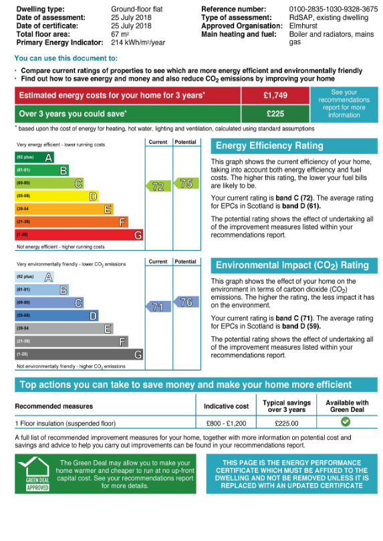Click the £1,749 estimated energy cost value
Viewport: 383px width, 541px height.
[275, 95]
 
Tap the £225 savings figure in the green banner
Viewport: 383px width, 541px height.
[275, 114]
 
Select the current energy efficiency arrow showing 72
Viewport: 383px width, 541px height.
[158, 187]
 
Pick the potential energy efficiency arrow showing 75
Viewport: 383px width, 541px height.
[186, 183]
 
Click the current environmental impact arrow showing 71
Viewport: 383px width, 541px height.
[158, 306]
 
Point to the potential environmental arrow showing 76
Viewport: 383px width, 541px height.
[186, 302]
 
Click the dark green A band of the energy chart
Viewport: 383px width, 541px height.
[34, 157]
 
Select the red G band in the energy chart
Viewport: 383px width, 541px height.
[79, 235]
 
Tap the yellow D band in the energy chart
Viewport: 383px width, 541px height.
[57, 196]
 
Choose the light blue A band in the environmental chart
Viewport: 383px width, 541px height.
[34, 277]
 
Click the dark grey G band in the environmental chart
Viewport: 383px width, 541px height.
[79, 354]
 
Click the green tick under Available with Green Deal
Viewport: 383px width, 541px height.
[346, 421]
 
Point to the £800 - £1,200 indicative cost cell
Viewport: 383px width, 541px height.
[226, 423]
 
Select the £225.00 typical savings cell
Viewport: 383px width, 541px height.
[287, 423]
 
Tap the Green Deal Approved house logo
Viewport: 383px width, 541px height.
[35, 473]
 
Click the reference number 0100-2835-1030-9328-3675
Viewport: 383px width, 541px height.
[334, 9]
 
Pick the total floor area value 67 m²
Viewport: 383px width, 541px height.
[120, 34]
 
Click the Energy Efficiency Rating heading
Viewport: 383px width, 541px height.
[269, 146]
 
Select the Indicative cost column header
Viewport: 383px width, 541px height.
[226, 406]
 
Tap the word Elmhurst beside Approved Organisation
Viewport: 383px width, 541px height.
[303, 26]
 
